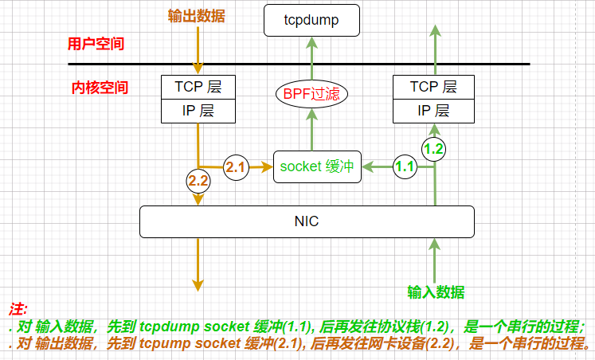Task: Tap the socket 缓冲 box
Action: [315, 166]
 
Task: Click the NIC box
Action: [307, 221]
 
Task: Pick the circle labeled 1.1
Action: [405, 166]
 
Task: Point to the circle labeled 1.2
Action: [434, 147]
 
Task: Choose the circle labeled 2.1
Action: [237, 166]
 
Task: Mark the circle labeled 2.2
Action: [198, 181]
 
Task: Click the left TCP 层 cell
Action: [198, 87]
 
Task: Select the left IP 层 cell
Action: [198, 111]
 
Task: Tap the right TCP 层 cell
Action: [434, 87]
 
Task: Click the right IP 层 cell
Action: [434, 111]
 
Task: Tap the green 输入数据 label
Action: [436, 292]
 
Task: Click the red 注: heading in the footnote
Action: [18, 308]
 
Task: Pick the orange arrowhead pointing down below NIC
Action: [198, 284]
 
